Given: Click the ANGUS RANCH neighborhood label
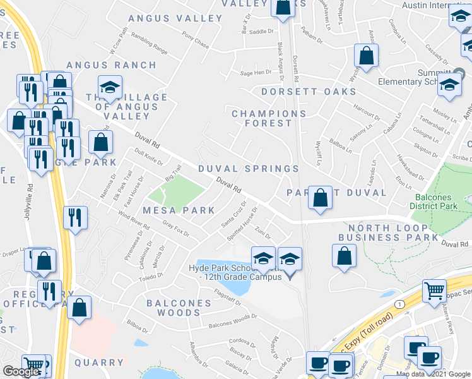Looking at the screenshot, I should pyautogui.click(x=111, y=65).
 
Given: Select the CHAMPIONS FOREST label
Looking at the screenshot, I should pyautogui.click(x=269, y=118).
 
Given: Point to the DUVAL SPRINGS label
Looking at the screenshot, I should pyautogui.click(x=249, y=169).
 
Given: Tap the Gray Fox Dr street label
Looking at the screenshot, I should pyautogui.click(x=175, y=229).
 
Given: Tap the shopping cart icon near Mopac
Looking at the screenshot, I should pyautogui.click(x=434, y=292).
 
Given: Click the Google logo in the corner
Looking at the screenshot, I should pyautogui.click(x=21, y=371).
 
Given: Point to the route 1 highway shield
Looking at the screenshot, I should pyautogui.click(x=399, y=304).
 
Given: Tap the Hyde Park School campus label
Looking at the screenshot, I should pyautogui.click(x=234, y=272).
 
